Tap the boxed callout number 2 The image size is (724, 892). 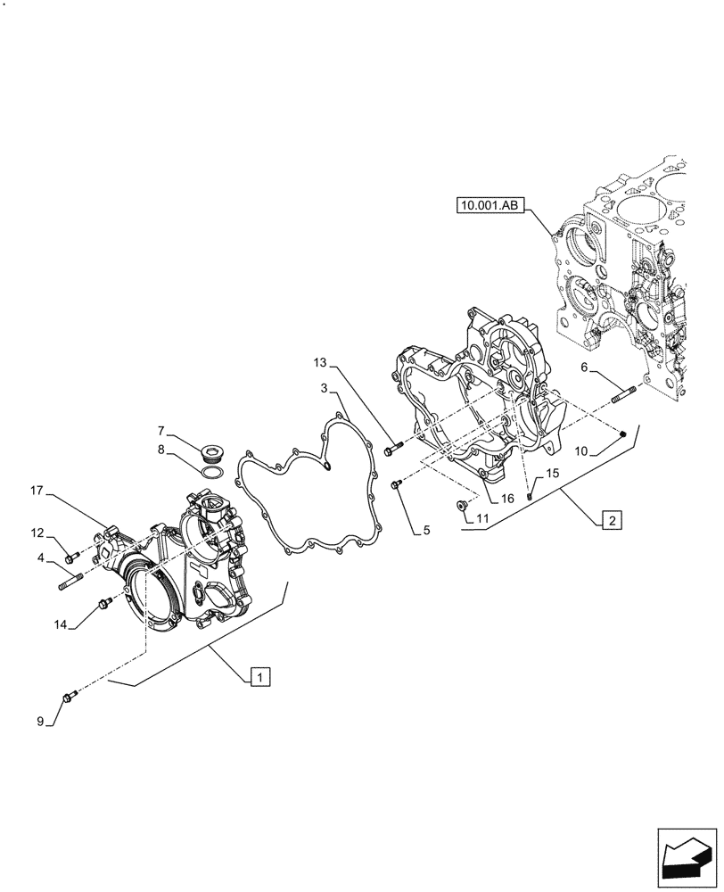click(612, 519)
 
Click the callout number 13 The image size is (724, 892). click(320, 362)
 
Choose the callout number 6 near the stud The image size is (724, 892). click(583, 368)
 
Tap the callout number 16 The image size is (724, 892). click(506, 500)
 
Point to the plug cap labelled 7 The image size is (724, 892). click(212, 449)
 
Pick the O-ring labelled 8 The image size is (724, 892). click(211, 473)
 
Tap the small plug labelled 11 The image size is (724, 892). click(461, 507)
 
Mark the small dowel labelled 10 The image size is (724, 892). click(623, 434)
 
